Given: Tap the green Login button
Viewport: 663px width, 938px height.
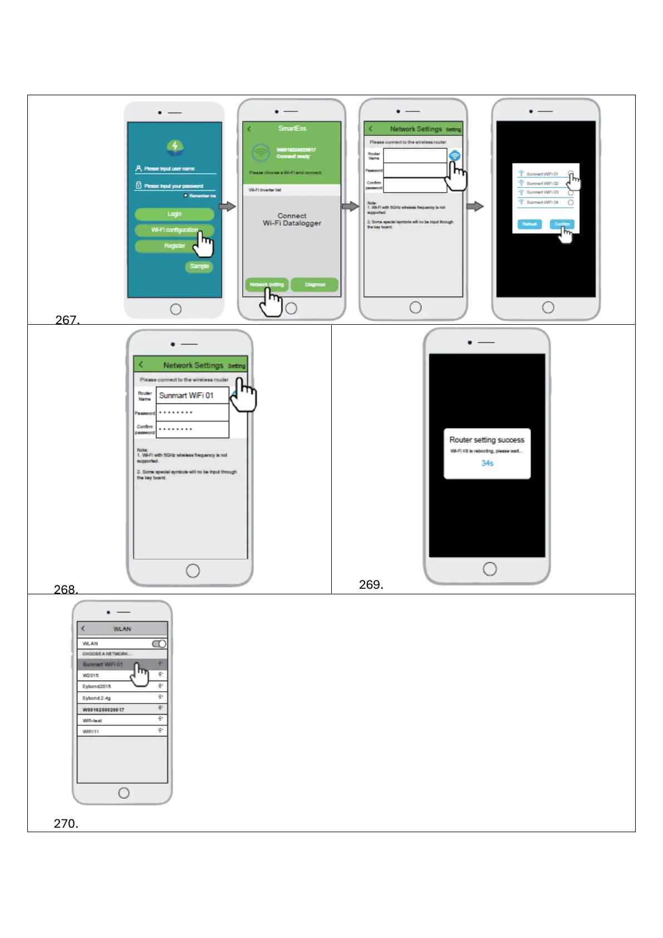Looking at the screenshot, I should [174, 214].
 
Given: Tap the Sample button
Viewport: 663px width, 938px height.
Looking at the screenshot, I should [199, 266].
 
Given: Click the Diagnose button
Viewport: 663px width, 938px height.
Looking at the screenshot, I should [315, 285].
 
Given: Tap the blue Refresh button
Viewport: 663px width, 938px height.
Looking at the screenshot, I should [529, 224].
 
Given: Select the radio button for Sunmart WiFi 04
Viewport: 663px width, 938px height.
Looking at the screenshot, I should [571, 203].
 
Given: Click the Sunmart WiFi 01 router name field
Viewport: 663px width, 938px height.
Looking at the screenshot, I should [192, 395].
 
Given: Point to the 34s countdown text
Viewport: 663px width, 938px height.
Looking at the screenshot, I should [487, 463].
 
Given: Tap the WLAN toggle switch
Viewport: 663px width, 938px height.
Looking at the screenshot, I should [159, 643].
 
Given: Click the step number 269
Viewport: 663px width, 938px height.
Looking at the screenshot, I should [371, 584].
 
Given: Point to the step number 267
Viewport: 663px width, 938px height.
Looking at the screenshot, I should [67, 320].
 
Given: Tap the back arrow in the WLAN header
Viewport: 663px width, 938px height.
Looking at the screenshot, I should [84, 628].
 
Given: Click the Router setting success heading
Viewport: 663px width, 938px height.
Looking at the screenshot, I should [487, 439].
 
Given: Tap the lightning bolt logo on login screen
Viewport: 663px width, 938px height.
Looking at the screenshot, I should [175, 146].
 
